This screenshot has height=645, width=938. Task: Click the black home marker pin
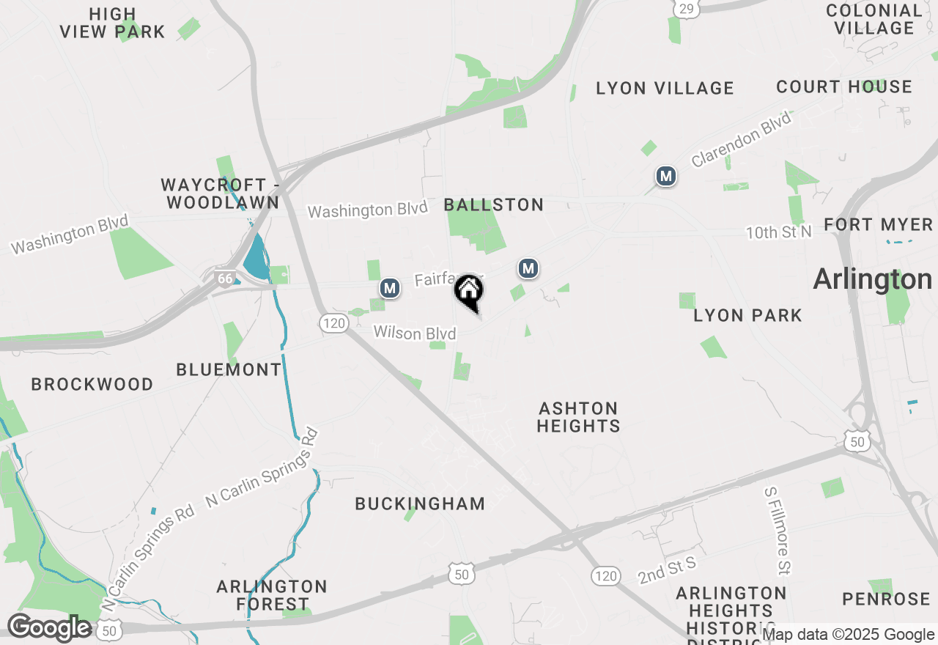click(469, 292)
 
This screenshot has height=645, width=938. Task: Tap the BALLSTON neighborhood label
click(494, 204)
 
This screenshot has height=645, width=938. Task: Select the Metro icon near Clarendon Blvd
click(665, 176)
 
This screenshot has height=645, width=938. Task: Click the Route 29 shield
click(685, 8)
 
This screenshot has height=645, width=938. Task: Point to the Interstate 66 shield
click(224, 278)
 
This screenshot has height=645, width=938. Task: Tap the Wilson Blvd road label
click(415, 333)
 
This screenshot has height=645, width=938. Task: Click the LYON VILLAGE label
click(665, 88)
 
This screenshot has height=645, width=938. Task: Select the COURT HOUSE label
click(844, 86)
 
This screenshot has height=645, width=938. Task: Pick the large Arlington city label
click(872, 279)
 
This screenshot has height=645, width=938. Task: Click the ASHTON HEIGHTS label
click(578, 416)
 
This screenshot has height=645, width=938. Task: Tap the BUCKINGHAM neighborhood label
click(420, 504)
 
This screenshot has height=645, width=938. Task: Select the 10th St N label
click(779, 232)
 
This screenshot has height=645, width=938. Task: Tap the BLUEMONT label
click(229, 369)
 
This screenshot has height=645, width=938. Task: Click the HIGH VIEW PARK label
click(113, 23)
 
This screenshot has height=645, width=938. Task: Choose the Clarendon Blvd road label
click(742, 139)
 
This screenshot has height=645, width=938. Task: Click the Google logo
click(48, 627)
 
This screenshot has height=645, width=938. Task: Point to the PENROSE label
click(886, 599)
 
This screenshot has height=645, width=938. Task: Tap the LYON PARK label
click(747, 315)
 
